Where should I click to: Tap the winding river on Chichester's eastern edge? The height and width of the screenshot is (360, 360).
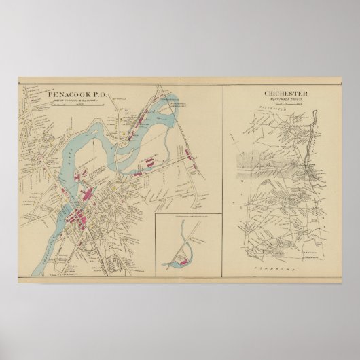pos(312,149)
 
